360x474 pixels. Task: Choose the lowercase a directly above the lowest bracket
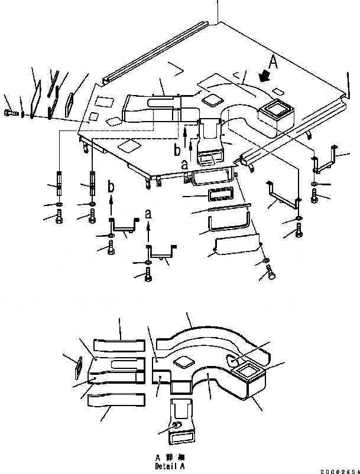coord(147,212)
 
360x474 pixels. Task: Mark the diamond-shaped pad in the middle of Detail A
coord(182,361)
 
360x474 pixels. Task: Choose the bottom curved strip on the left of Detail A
coord(116,400)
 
